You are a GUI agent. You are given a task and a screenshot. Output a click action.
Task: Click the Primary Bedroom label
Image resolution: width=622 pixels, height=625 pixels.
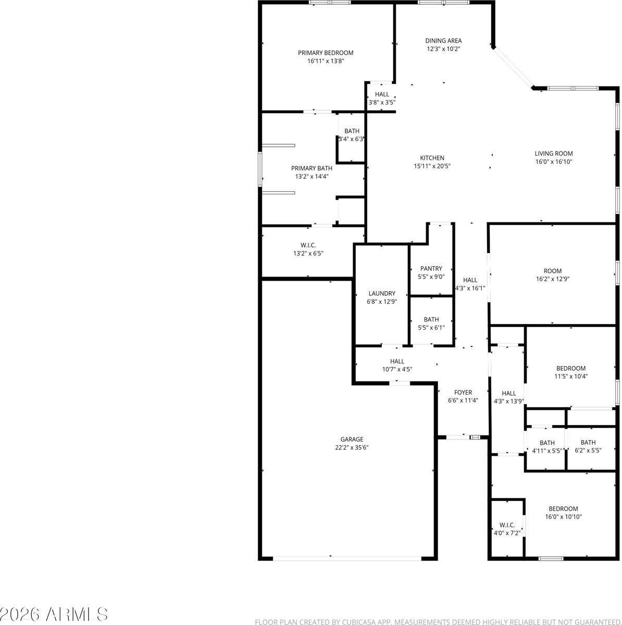(326, 53)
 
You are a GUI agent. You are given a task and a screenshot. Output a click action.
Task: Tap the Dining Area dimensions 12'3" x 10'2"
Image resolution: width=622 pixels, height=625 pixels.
(443, 49)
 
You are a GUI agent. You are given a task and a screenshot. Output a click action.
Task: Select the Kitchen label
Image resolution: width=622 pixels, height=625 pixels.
(432, 158)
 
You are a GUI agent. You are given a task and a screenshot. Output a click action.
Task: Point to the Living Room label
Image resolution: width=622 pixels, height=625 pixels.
(554, 154)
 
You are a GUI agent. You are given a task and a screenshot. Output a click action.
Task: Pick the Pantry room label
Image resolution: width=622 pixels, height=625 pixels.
(431, 269)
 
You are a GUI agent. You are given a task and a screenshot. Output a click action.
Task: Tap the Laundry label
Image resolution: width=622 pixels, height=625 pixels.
(382, 293)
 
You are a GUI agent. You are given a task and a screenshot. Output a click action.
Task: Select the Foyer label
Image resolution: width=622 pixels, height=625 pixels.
(463, 393)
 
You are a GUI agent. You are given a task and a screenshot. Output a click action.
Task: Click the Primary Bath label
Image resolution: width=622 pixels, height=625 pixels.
(312, 168)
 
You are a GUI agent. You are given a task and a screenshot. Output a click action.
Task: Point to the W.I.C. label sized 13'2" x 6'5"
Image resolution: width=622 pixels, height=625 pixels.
(308, 245)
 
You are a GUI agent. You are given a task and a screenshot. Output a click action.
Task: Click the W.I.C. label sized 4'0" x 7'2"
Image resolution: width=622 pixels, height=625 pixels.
(507, 525)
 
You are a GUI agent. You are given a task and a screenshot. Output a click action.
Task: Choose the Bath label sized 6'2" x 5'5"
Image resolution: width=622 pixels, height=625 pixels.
(588, 443)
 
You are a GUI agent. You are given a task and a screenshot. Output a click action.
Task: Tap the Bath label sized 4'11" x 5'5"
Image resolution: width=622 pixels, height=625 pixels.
(547, 443)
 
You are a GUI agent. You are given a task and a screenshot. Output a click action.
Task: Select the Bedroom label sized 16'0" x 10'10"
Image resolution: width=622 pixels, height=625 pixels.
(563, 509)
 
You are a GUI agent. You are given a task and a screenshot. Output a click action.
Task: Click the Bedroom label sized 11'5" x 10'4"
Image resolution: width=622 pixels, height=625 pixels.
(571, 368)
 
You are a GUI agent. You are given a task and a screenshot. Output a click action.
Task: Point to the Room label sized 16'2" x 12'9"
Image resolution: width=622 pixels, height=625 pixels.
(553, 271)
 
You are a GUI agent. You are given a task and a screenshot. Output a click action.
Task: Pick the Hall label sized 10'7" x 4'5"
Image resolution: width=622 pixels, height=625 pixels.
(397, 361)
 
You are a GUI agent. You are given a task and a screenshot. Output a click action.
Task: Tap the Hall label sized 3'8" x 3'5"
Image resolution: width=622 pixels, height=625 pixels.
(382, 94)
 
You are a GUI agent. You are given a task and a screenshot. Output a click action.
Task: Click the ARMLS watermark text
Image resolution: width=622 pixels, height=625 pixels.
(55, 614)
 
